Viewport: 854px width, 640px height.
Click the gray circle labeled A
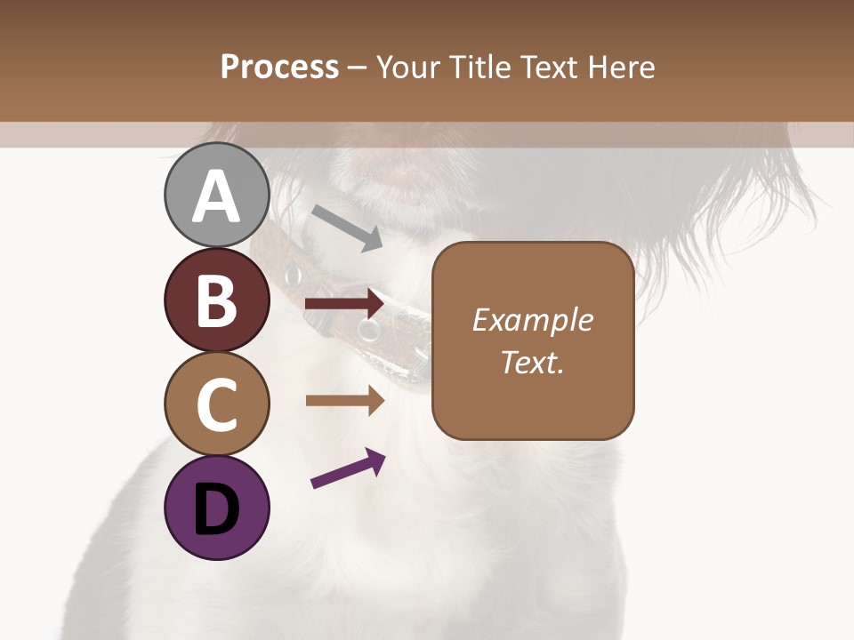click(216, 195)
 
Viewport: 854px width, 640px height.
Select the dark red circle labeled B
click(216, 300)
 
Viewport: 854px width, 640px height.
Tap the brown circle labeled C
click(216, 404)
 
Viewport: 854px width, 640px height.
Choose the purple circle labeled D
click(216, 508)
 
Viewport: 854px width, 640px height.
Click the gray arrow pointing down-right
click(347, 227)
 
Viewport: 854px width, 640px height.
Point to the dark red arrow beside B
click(344, 304)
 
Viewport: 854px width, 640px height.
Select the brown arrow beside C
click(344, 400)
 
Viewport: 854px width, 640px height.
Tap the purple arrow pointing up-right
click(348, 468)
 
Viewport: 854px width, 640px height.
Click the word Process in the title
click(279, 67)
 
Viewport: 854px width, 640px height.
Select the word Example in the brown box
click(532, 320)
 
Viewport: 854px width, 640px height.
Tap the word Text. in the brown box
click(532, 362)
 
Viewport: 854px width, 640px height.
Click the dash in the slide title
click(357, 67)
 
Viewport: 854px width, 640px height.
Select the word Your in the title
click(408, 67)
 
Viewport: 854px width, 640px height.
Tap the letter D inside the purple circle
click(216, 509)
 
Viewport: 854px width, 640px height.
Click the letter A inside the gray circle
click(216, 196)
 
